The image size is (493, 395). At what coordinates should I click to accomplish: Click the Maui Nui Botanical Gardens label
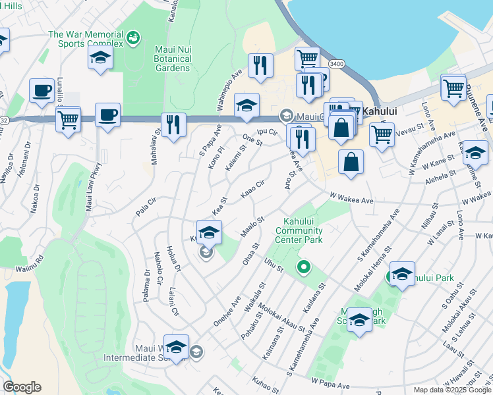tap(164, 59)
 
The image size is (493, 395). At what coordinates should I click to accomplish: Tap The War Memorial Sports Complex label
tap(86, 39)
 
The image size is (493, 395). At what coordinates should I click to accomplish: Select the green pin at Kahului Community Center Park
tap(304, 267)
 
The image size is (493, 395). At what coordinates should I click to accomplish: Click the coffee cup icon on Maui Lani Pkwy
tap(107, 115)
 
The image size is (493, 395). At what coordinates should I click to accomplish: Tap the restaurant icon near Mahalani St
tap(173, 125)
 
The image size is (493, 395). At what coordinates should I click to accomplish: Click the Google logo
tap(22, 387)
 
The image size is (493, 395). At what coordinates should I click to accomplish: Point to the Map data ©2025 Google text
tap(452, 390)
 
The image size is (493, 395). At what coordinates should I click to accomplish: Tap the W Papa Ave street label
tap(329, 381)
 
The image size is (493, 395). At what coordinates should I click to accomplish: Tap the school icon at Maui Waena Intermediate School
tap(177, 347)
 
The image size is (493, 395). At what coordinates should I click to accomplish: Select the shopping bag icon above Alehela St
tap(351, 162)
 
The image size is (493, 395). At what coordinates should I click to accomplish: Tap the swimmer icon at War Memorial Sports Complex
tap(134, 38)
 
